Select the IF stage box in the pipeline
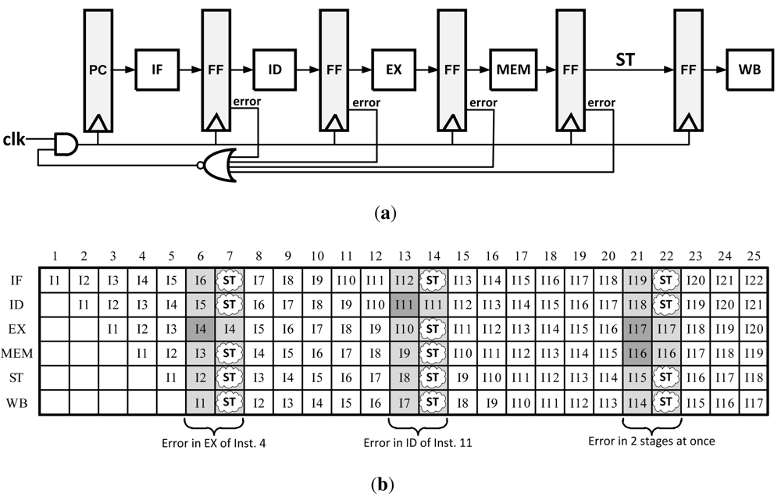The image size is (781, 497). [x=157, y=70]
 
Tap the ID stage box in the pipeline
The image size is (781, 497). [x=275, y=70]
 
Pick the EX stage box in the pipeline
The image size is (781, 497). [x=394, y=70]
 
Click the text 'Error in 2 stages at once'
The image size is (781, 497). [x=651, y=440]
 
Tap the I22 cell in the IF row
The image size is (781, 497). [x=754, y=278]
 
